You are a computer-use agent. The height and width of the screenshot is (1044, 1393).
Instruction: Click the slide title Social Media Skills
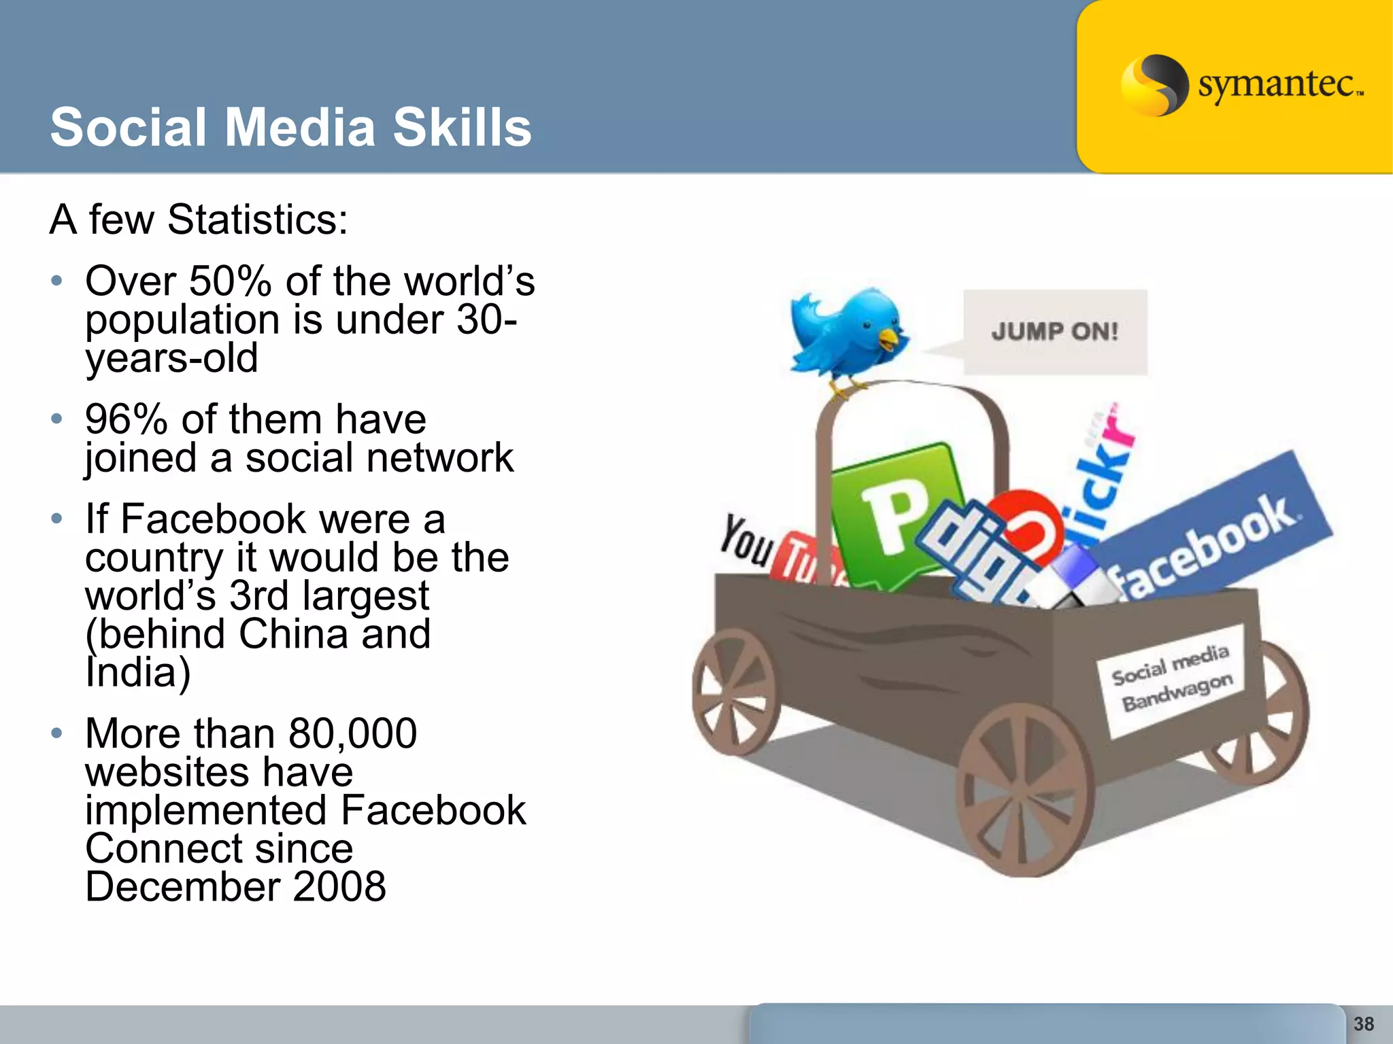[290, 128]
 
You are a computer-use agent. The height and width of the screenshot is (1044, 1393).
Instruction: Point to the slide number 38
[1363, 1024]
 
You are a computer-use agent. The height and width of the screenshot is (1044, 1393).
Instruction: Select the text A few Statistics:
[199, 220]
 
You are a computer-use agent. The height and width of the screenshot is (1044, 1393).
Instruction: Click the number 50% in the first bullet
[230, 281]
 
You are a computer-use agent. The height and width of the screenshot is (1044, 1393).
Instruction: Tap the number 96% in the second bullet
[126, 419]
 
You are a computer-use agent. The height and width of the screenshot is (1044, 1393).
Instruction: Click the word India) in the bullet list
[137, 672]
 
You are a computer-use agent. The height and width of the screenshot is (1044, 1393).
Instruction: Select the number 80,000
[352, 734]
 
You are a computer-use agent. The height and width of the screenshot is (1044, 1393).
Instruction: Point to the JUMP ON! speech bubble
[1054, 332]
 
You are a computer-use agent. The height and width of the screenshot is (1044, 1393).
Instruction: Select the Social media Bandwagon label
[1171, 679]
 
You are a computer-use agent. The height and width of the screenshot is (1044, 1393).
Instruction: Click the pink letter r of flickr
[1115, 425]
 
